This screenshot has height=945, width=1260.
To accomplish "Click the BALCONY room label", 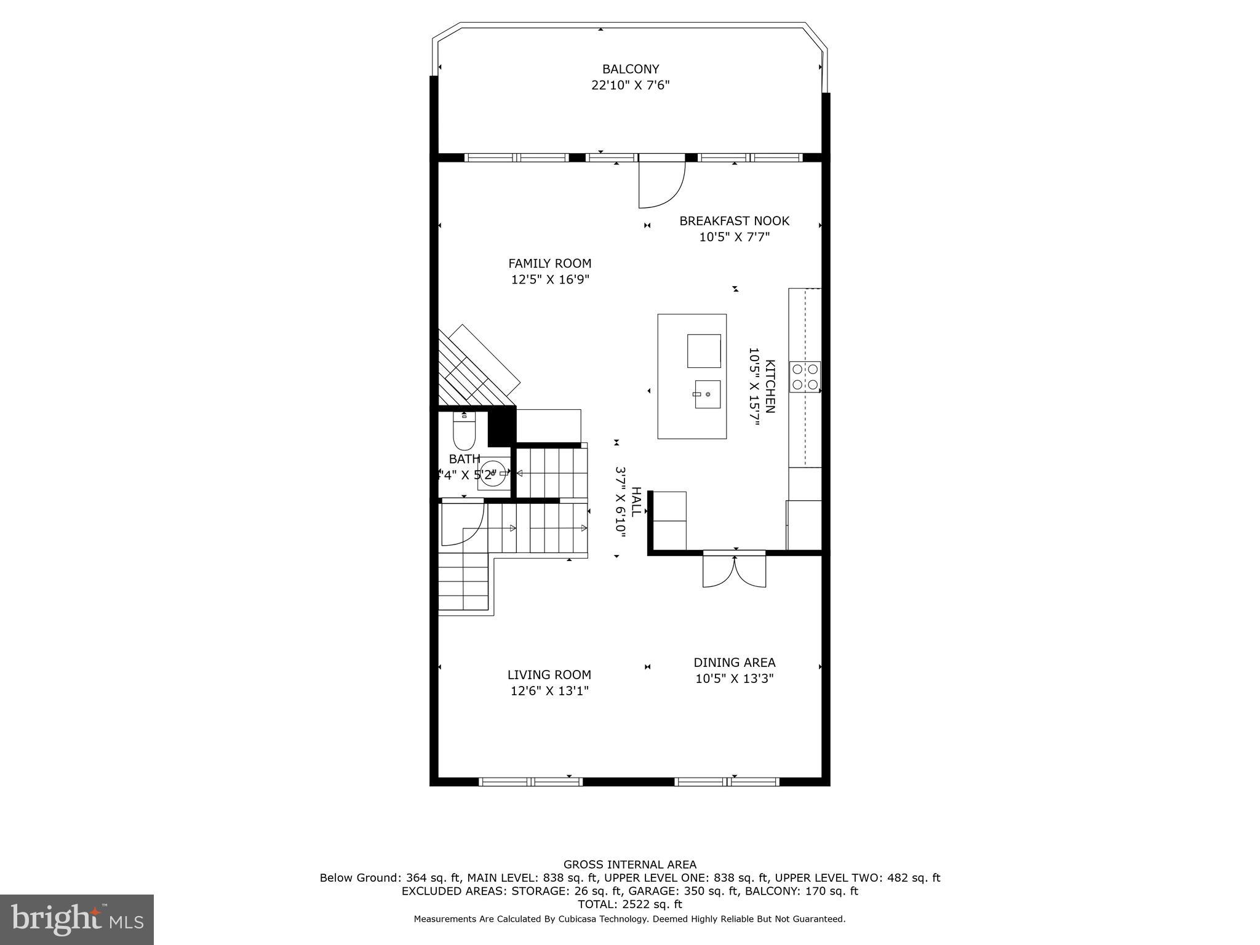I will point(630,69).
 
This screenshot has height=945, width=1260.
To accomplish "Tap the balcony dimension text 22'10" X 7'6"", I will point(630,86).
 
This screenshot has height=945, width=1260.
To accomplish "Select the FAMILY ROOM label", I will point(549,263).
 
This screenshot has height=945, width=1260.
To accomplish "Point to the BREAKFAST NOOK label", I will point(734,221).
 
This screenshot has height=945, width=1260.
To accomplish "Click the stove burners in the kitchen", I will point(805,377).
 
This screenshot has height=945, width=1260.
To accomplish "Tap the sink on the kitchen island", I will point(708,394).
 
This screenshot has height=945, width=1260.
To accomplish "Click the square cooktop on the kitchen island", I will point(704,351).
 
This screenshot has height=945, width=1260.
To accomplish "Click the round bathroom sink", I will point(492,473).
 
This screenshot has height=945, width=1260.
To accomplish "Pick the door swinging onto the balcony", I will point(661,183).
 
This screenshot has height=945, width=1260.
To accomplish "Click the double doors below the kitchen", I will point(734,572).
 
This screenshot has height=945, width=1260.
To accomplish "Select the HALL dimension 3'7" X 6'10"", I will point(620,502).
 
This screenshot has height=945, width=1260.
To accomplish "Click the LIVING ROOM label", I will point(549,675).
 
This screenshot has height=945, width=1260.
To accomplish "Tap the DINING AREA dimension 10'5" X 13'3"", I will point(734,679).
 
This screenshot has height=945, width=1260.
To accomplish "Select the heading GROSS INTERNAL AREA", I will point(630,864).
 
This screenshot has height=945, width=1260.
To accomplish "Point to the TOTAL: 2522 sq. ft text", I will point(630,904).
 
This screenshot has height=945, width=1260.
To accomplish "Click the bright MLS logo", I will point(77,919).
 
